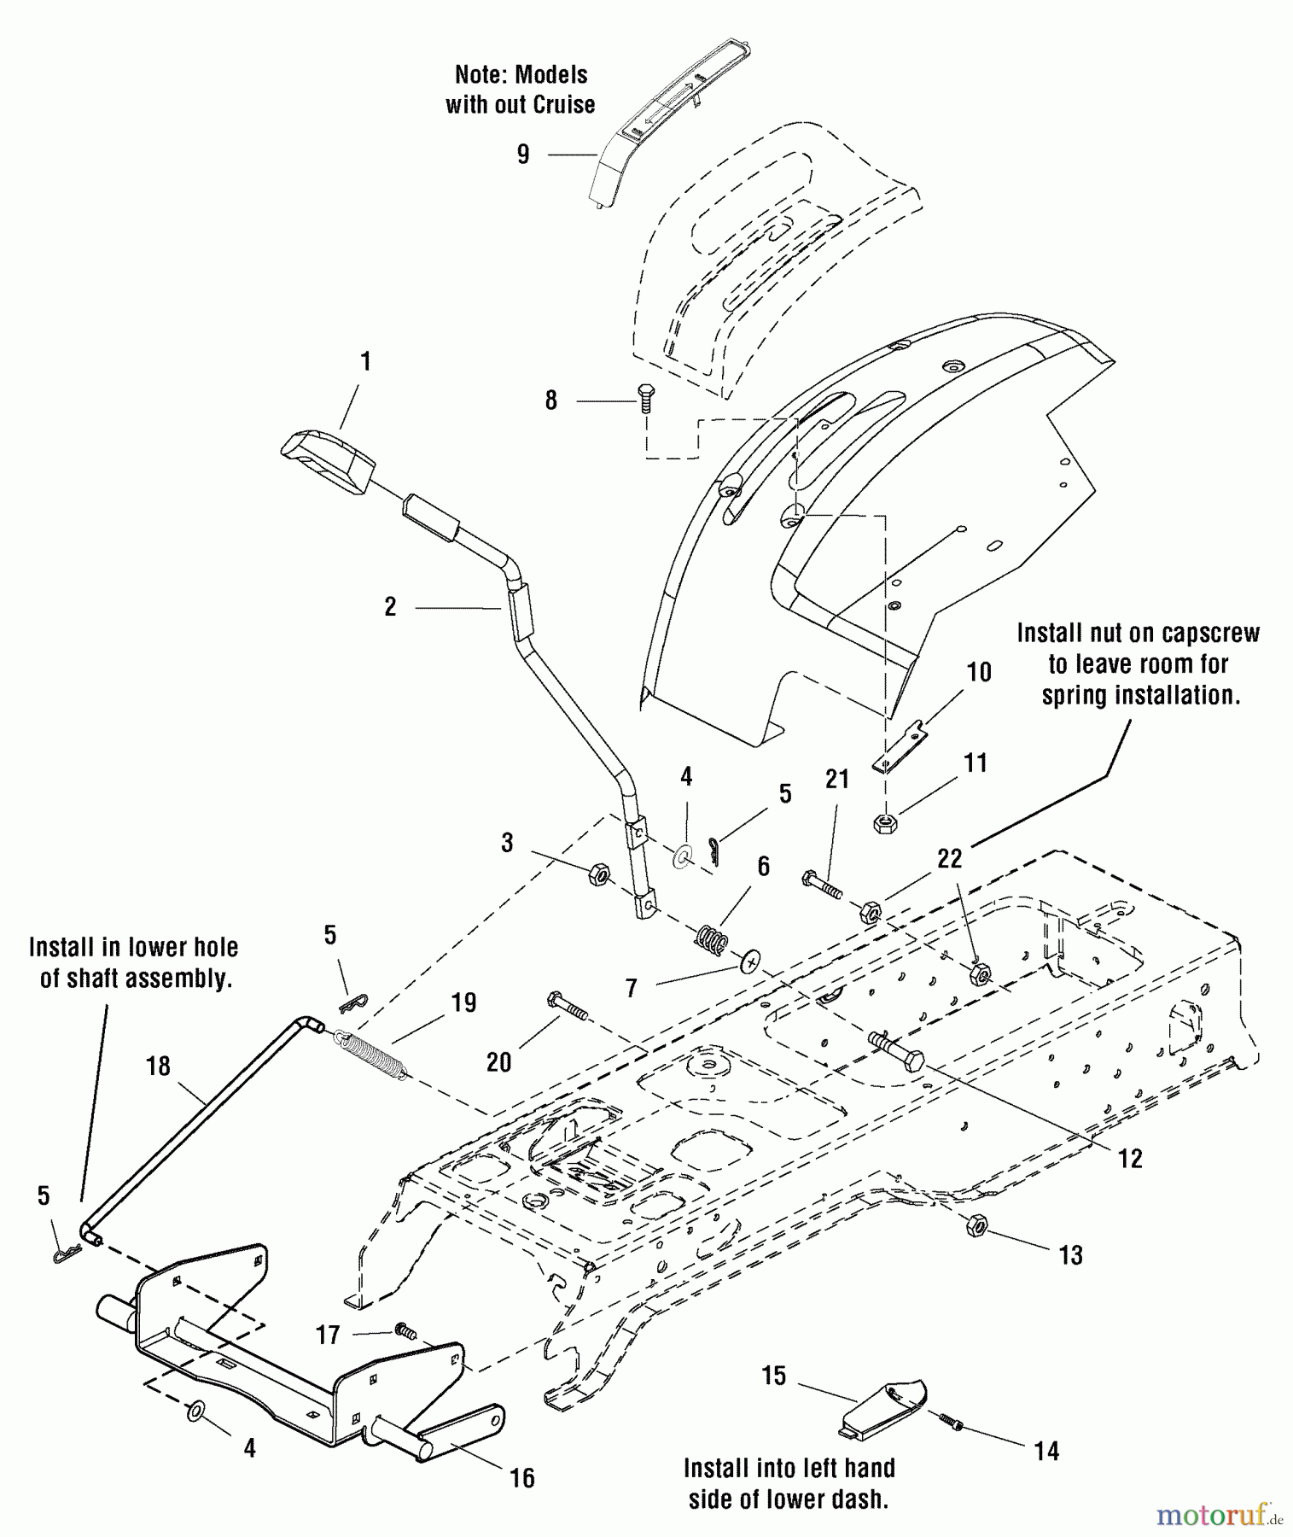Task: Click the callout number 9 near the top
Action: pyautogui.click(x=523, y=155)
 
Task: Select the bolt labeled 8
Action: pyautogui.click(x=646, y=398)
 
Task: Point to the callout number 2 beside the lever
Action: pyautogui.click(x=390, y=607)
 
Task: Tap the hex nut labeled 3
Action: pyautogui.click(x=599, y=874)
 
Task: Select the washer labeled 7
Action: pyautogui.click(x=751, y=962)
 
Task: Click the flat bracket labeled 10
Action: pyautogui.click(x=899, y=748)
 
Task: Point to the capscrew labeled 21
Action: pyautogui.click(x=822, y=885)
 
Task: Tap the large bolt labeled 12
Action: pyautogui.click(x=896, y=1052)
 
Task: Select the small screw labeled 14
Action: pyautogui.click(x=950, y=1422)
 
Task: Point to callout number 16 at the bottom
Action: pyautogui.click(x=522, y=1478)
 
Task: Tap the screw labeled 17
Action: pyautogui.click(x=405, y=1330)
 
